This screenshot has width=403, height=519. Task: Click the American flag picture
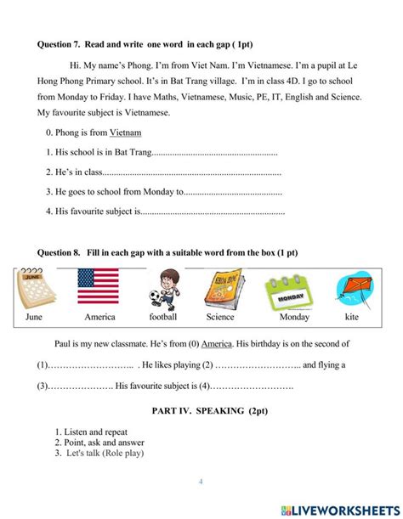point(99,286)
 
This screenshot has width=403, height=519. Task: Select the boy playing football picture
point(162,288)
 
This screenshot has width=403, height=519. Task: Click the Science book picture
point(224,288)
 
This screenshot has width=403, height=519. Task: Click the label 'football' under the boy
point(162,317)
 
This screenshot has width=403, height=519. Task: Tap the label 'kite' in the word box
point(352,317)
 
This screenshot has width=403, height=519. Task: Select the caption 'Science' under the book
point(219,317)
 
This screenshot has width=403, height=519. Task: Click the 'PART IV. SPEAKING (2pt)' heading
point(201,410)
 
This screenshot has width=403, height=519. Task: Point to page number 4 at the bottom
point(201,482)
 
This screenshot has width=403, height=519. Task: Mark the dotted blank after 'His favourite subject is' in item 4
point(213,212)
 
